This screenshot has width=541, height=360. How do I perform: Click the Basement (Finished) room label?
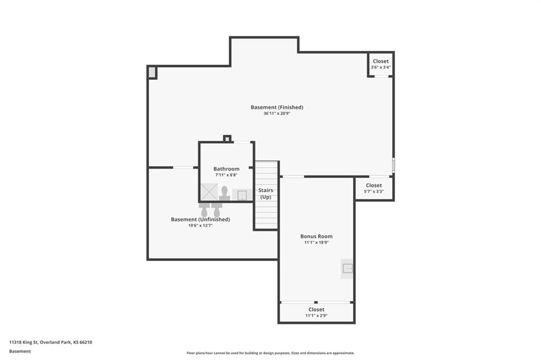[x=277, y=107]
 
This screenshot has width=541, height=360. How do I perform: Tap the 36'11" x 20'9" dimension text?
[x=277, y=113]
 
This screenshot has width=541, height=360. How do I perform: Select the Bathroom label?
[x=226, y=169]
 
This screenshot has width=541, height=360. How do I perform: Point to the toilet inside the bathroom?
[x=224, y=193]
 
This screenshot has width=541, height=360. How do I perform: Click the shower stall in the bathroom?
[x=209, y=191]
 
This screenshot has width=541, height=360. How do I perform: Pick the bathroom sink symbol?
[x=242, y=195]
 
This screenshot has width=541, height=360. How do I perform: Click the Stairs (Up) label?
[x=266, y=193]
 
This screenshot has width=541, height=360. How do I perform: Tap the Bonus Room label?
[x=316, y=236]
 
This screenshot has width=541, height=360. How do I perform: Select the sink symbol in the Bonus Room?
[x=347, y=268]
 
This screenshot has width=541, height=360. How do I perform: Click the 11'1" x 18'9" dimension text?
[x=316, y=243]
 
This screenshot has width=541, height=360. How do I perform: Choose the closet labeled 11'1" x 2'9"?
[x=316, y=312]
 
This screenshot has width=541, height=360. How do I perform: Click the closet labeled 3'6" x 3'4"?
[x=380, y=64]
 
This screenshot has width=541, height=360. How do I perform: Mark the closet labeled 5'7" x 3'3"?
[x=374, y=188]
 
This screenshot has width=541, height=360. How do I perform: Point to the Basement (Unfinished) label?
[x=200, y=219]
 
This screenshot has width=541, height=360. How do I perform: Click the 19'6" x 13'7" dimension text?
[x=200, y=225]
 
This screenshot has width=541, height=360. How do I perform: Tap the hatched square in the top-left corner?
[x=152, y=72]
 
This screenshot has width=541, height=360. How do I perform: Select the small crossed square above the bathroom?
[x=227, y=139]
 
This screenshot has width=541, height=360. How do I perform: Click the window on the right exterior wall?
[x=393, y=165]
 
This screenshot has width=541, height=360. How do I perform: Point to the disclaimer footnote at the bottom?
[x=270, y=353]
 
